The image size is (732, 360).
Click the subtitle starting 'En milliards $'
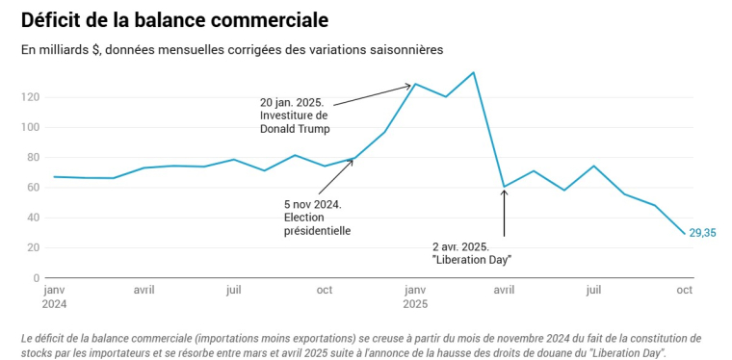tap(232, 49)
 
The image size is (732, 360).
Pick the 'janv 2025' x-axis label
tap(415, 296)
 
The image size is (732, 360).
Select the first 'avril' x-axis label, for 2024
tap(144, 289)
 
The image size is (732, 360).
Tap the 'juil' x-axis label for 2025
tap(594, 289)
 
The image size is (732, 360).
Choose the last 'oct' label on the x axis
tap(684, 289)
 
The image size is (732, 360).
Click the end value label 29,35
tap(702, 233)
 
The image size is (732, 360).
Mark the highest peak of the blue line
tap(473, 72)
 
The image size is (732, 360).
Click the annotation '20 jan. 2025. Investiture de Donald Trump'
tap(295, 115)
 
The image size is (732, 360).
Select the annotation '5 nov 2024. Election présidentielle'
tap(317, 218)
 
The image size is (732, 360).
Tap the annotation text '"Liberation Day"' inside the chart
tap(471, 260)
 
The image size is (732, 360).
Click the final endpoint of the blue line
tap(684, 233)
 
